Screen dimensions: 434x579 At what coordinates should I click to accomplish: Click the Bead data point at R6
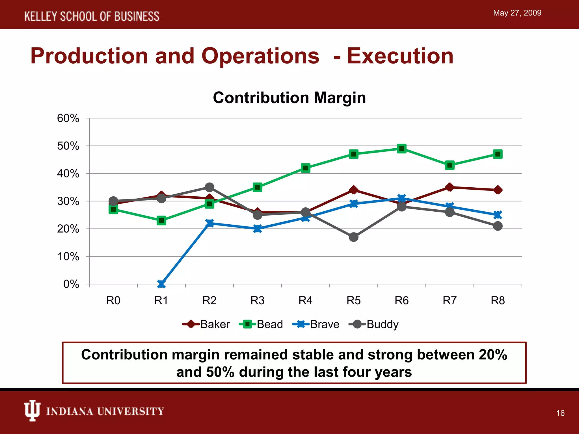(401, 149)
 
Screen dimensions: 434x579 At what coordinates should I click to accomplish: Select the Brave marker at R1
(161, 284)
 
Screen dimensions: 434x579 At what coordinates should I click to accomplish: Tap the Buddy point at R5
(353, 237)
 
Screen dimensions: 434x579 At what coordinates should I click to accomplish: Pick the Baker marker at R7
(450, 187)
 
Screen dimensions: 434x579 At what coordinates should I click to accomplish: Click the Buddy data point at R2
(209, 187)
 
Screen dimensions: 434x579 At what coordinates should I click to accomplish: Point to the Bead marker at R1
(161, 220)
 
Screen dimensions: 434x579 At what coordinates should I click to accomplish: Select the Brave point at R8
(498, 215)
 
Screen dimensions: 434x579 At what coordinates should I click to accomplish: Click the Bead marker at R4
(305, 168)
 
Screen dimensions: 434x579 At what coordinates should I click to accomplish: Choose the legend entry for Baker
(206, 324)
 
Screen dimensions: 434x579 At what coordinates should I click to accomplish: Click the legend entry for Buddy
(374, 324)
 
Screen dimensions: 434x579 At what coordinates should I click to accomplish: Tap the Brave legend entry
(316, 324)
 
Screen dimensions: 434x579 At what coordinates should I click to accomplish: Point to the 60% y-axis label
(68, 118)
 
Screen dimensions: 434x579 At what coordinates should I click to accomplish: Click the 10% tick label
(68, 257)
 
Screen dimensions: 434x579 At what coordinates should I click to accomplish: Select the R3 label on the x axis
(257, 301)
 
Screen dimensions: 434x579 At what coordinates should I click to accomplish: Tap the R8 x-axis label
(498, 301)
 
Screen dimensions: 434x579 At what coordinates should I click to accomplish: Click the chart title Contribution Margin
(289, 98)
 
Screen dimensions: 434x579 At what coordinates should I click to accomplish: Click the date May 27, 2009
(517, 13)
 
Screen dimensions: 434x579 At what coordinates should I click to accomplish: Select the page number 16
(560, 413)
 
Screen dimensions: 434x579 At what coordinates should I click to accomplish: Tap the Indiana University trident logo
(32, 411)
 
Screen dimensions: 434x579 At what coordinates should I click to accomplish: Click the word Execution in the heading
(400, 56)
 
